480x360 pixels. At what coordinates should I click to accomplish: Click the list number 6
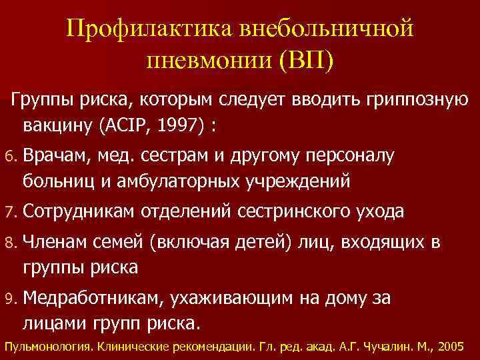[x=9, y=156]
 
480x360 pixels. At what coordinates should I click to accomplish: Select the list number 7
[x=9, y=212]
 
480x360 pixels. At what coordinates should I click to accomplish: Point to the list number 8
[x=9, y=244]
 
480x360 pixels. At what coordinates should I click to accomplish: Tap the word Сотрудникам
[x=79, y=212]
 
